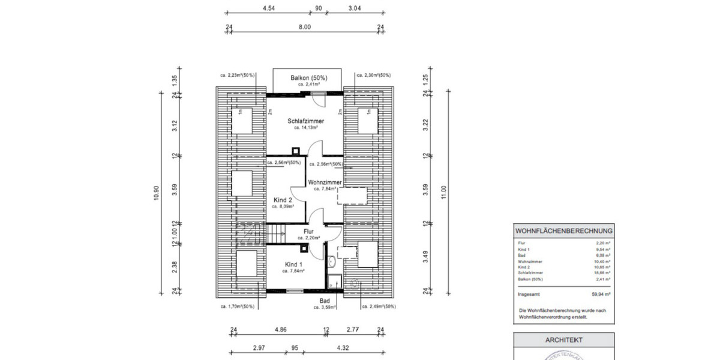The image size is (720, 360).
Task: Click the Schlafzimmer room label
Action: pyautogui.click(x=305, y=121)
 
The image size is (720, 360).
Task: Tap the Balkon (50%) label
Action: pyautogui.click(x=305, y=78)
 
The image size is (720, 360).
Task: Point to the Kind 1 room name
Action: pyautogui.click(x=293, y=265)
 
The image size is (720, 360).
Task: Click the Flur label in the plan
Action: pyautogui.click(x=308, y=231)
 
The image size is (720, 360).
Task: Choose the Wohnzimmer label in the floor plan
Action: pyautogui.click(x=325, y=182)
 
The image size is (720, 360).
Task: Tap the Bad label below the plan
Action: pyautogui.click(x=325, y=301)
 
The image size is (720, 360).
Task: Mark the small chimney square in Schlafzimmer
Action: pyautogui.click(x=295, y=151)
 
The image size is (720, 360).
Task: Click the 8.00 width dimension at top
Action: pyautogui.click(x=305, y=27)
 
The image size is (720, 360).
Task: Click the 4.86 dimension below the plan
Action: pyautogui.click(x=280, y=329)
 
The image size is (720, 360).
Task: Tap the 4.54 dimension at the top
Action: pyautogui.click(x=269, y=8)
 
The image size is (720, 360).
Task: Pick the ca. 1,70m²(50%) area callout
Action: pyautogui.click(x=237, y=306)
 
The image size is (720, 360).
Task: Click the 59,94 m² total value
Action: pyautogui.click(x=601, y=295)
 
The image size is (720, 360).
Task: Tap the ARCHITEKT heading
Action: pyautogui.click(x=563, y=340)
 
